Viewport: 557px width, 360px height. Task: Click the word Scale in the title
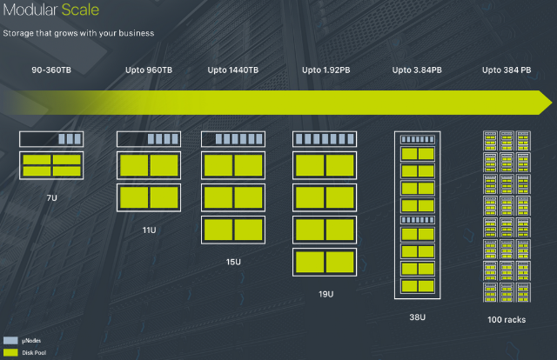tap(80, 10)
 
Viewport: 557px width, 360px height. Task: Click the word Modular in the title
tap(30, 10)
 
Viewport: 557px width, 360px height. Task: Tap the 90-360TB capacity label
tap(51, 70)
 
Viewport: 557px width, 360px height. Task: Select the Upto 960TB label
tap(149, 70)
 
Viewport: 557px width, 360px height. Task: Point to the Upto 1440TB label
tap(233, 70)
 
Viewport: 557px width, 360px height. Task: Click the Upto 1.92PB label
tap(326, 70)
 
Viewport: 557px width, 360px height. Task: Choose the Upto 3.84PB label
tap(417, 70)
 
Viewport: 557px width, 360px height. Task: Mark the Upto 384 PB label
tap(507, 70)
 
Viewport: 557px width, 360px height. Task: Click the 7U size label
tap(52, 197)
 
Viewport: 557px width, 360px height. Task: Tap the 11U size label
tap(149, 230)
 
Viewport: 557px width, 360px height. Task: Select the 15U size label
tap(233, 262)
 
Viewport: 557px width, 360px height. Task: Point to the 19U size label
tap(325, 294)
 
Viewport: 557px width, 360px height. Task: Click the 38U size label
tap(418, 317)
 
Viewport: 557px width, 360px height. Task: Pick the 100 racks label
tap(507, 319)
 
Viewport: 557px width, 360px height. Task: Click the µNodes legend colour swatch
tap(10, 341)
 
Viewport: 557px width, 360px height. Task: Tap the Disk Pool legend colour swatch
tap(10, 352)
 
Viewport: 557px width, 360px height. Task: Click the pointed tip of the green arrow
tap(553, 103)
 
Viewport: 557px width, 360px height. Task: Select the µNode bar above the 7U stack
tap(51, 139)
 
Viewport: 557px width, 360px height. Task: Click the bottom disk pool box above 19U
tap(325, 263)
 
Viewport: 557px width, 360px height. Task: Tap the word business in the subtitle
tap(137, 33)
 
